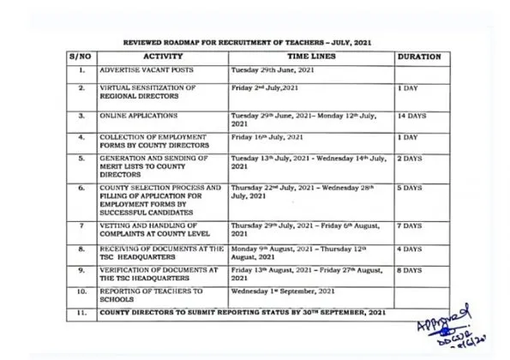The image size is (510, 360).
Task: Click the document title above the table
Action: [248, 40]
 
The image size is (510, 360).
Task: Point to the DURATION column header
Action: [419, 56]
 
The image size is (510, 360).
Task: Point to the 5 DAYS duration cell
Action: [410, 187]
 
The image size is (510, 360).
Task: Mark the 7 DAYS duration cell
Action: [410, 225]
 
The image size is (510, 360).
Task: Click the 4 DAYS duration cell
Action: [410, 249]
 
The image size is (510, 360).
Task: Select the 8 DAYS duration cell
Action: [410, 271]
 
